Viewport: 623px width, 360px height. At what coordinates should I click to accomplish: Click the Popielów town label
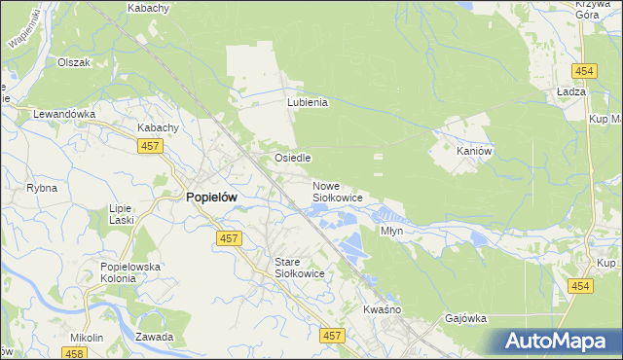pos(211,197)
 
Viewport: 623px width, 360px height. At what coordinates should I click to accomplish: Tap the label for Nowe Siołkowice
pos(337,192)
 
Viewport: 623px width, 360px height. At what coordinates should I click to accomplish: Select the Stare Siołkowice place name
pos(298,269)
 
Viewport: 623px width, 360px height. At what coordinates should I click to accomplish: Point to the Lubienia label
pos(308,102)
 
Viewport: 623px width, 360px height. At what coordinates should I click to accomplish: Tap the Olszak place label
pos(73,62)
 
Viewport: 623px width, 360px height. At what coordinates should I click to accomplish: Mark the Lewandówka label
pos(64,114)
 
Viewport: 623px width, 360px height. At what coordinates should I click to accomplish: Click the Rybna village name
pos(42,188)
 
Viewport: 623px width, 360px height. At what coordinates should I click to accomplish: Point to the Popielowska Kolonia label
pos(129,272)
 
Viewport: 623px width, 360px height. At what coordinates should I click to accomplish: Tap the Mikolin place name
pos(87,338)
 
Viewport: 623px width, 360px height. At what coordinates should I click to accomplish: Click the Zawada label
pos(155,338)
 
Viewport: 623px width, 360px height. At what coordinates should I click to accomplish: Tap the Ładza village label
pos(569,90)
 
